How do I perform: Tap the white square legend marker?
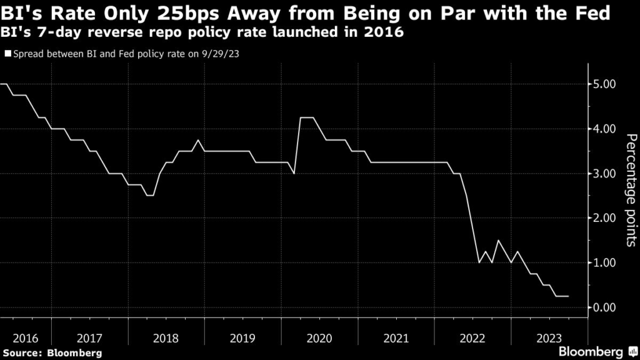tap(7, 54)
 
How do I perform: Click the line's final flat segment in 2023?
tap(562, 296)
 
